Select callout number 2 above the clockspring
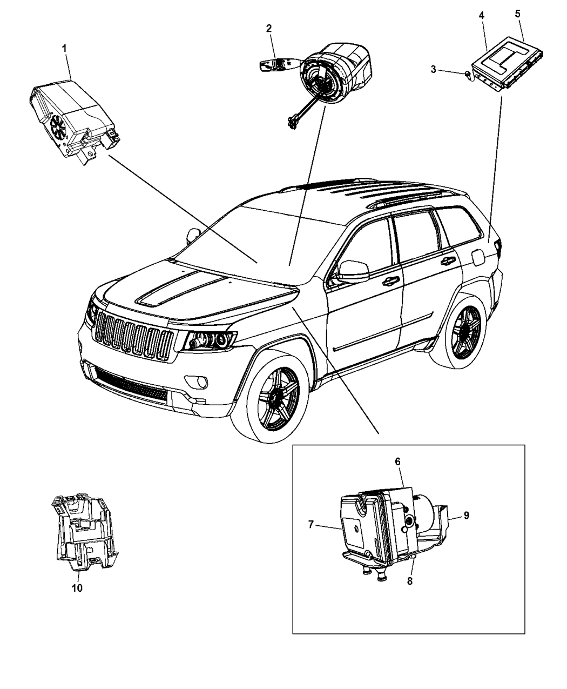268,29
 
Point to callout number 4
481,16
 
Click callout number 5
517,14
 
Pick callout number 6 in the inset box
397,461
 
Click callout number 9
465,516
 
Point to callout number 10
77,588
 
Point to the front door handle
390,280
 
